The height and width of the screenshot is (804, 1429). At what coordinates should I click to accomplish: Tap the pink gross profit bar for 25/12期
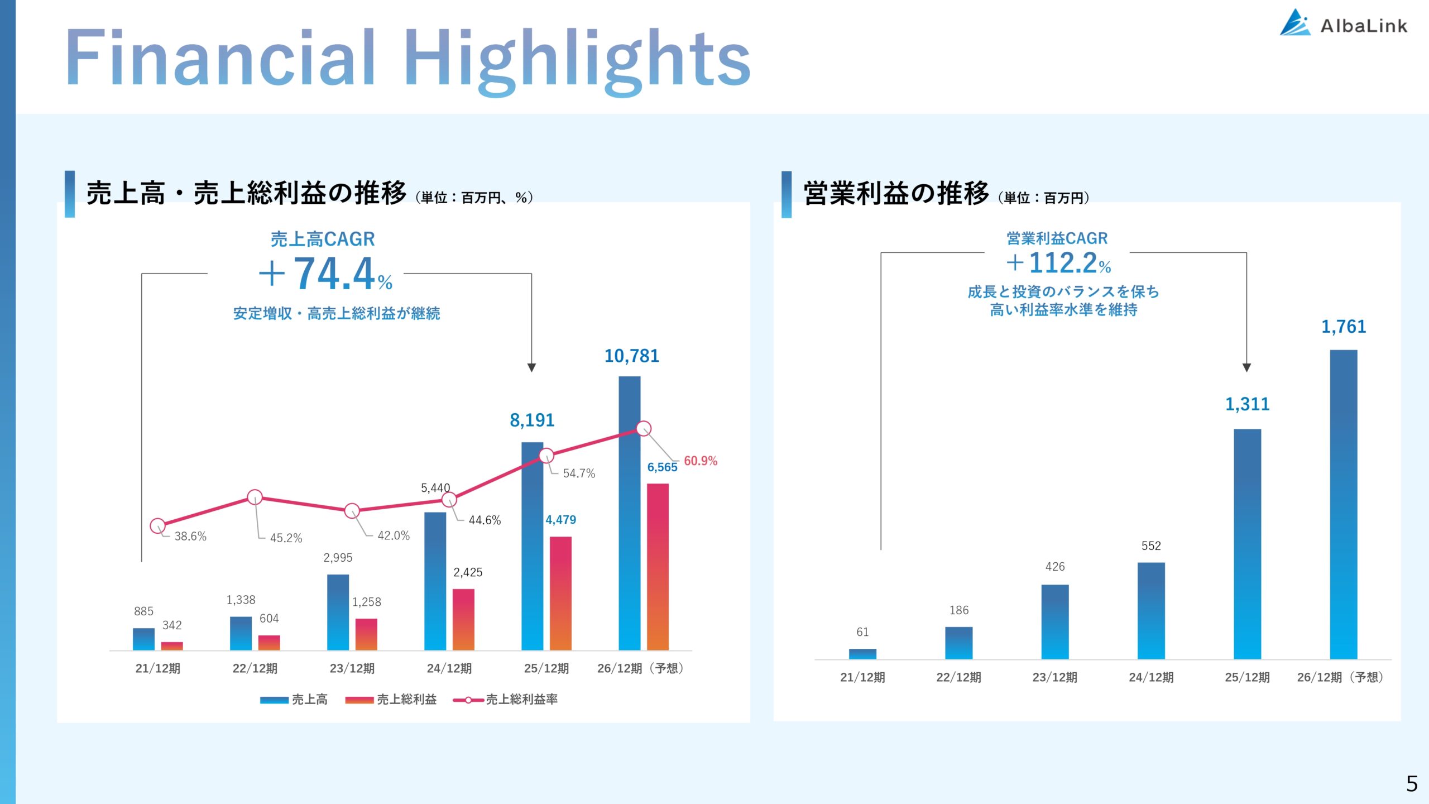coord(560,593)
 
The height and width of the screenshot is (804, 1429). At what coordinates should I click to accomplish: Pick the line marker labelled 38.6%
coord(158,525)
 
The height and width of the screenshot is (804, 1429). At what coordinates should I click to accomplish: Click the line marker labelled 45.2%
coord(255,497)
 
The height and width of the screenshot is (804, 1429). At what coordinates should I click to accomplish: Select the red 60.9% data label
coord(700,461)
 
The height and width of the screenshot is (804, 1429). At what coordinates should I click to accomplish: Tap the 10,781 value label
coord(631,356)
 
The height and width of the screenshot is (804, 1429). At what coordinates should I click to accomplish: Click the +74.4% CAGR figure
coord(327,274)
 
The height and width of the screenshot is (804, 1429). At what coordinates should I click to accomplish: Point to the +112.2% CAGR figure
coord(1059,263)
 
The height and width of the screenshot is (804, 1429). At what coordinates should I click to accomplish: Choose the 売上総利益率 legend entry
coord(505,699)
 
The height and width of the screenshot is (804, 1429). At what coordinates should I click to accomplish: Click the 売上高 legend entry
coord(294,699)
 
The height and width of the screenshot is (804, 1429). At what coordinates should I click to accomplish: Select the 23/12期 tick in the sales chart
coord(352,668)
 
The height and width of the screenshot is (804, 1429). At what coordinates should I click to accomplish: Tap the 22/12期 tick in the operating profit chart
coord(958,677)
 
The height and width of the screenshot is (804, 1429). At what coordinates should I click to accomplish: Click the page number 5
coord(1412,783)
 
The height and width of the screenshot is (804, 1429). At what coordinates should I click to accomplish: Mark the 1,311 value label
coord(1247,404)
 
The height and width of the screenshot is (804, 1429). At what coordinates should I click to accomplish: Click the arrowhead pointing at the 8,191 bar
coord(531,367)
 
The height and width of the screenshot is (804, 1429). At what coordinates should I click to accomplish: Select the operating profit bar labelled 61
coord(862,653)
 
